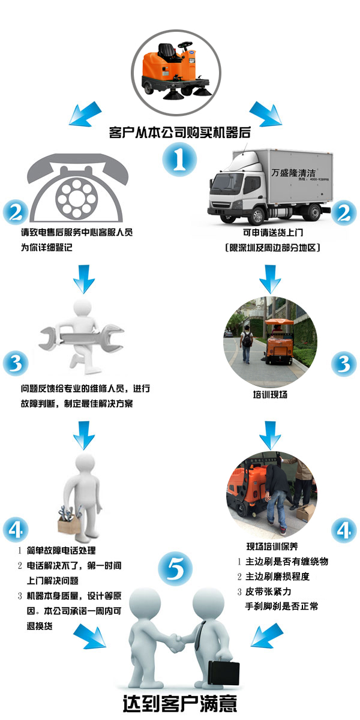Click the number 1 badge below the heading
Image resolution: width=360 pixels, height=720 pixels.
179,160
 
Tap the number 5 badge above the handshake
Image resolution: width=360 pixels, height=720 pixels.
175,568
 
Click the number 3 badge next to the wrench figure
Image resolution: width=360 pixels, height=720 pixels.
16,364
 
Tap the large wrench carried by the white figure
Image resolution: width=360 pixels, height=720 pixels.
82,337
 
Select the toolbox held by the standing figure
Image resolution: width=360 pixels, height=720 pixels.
69,520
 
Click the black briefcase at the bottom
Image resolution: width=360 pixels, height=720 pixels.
224,671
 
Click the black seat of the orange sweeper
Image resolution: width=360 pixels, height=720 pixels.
167,52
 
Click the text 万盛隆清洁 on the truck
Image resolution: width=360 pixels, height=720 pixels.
293,173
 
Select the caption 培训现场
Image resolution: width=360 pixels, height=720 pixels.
270,395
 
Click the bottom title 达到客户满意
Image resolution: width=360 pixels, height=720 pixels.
180,703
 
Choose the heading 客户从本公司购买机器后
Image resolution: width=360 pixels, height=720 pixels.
179,133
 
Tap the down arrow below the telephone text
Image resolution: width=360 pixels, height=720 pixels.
84,278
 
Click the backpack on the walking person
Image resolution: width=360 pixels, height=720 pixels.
247,340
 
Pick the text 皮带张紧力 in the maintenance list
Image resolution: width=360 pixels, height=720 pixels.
268,592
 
